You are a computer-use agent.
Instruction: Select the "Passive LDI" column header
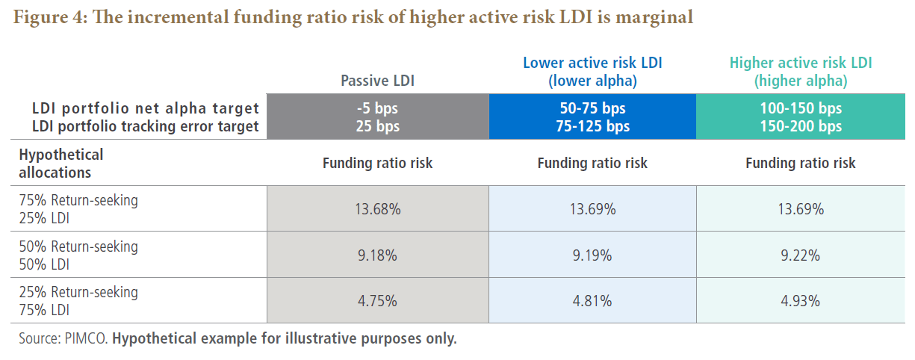point(377,80)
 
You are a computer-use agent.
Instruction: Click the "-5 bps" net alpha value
point(377,108)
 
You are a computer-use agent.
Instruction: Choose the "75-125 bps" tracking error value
point(592,126)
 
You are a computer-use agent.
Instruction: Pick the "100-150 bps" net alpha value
point(801,108)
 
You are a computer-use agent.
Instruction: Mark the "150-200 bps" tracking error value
point(801,126)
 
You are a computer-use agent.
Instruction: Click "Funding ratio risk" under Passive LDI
point(377,163)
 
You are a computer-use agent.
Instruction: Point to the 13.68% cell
point(377,209)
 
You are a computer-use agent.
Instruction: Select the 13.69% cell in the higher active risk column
point(801,209)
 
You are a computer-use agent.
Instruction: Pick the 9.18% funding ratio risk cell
point(377,255)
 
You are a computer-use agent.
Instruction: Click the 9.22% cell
point(801,255)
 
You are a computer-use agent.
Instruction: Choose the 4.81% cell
point(592,301)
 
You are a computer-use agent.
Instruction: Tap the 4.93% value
point(801,301)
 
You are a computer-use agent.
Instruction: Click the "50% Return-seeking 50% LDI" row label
point(78,255)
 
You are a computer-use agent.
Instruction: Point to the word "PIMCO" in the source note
point(87,338)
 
